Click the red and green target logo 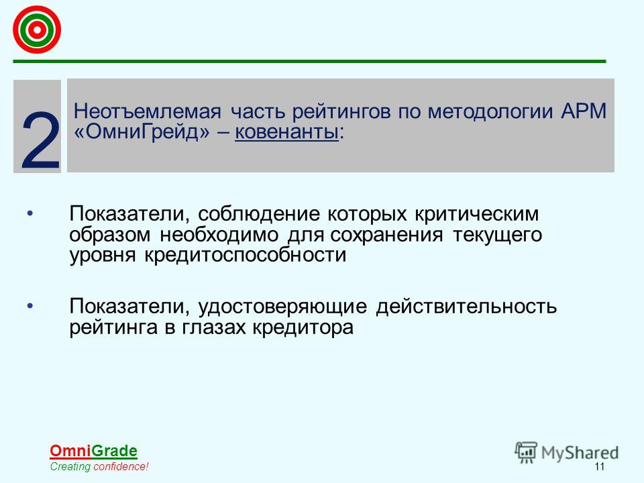[x=37, y=30]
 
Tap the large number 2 [x=41, y=140]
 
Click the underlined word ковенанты [x=286, y=132]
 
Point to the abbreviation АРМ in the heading [x=584, y=111]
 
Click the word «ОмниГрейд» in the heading [x=142, y=132]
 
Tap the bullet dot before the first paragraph [x=30, y=213]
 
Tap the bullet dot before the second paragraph [x=30, y=306]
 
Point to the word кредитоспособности [x=246, y=255]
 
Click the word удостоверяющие [x=282, y=307]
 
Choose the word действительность [x=466, y=307]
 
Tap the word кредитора [x=303, y=327]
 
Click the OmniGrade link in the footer [x=93, y=451]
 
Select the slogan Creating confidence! [x=99, y=467]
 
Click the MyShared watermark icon [x=526, y=453]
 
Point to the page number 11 [x=599, y=467]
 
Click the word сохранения [x=386, y=235]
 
